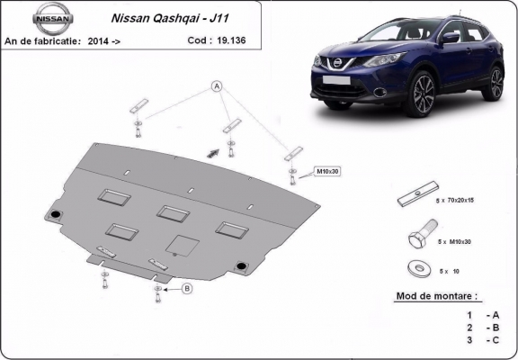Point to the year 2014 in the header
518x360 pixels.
(120, 40)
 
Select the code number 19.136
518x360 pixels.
(229, 40)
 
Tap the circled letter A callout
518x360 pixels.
(217, 86)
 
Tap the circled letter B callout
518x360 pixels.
(187, 288)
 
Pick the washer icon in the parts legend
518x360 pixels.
(417, 267)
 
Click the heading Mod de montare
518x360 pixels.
(437, 294)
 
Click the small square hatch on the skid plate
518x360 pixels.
(183, 245)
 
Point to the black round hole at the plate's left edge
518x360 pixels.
(55, 214)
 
